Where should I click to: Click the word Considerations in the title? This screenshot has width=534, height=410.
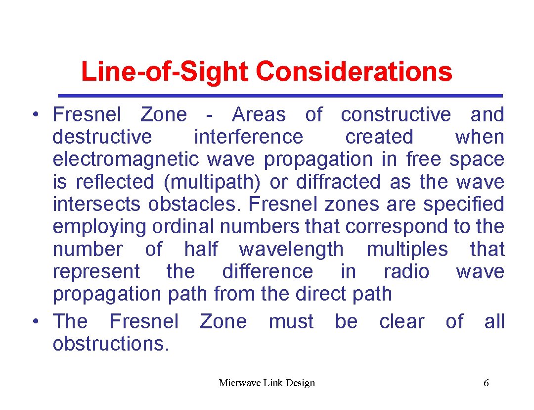pyautogui.click(x=354, y=71)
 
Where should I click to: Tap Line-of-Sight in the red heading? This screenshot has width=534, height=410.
pyautogui.click(x=164, y=71)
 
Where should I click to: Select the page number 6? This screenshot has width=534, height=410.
pyautogui.click(x=486, y=383)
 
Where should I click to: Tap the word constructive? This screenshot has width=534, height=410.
pyautogui.click(x=396, y=114)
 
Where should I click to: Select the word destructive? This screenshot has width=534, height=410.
pyautogui.click(x=102, y=137)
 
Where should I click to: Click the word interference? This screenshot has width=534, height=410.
pyautogui.click(x=248, y=137)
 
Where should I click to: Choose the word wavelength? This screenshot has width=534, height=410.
pyautogui.click(x=291, y=249)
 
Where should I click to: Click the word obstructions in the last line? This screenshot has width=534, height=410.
pyautogui.click(x=111, y=344)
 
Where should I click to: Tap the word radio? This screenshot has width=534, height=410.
pyautogui.click(x=406, y=271)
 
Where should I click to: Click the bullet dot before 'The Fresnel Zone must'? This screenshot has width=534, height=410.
pyautogui.click(x=36, y=322)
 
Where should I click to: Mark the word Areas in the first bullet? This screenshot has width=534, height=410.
pyautogui.click(x=259, y=114)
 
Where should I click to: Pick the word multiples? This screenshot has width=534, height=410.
pyautogui.click(x=407, y=249)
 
